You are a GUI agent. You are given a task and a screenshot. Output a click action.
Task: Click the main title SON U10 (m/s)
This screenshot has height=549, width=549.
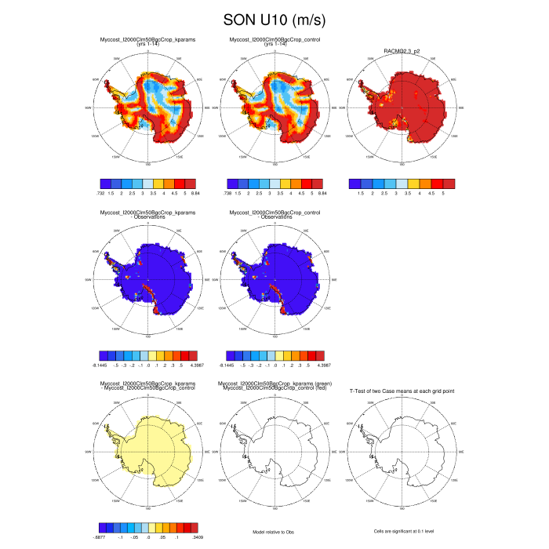[x=274, y=19]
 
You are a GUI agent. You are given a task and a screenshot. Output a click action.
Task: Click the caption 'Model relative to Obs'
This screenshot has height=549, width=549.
[x=274, y=532]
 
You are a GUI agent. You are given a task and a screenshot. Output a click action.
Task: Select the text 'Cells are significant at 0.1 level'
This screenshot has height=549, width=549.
[x=402, y=532]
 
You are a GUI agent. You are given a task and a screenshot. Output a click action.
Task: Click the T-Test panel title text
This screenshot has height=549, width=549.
[x=402, y=390]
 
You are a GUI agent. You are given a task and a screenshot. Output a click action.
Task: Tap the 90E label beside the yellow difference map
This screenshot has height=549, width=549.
[x=205, y=453]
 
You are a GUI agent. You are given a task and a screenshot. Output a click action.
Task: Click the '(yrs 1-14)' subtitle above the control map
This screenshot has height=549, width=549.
[x=274, y=44]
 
